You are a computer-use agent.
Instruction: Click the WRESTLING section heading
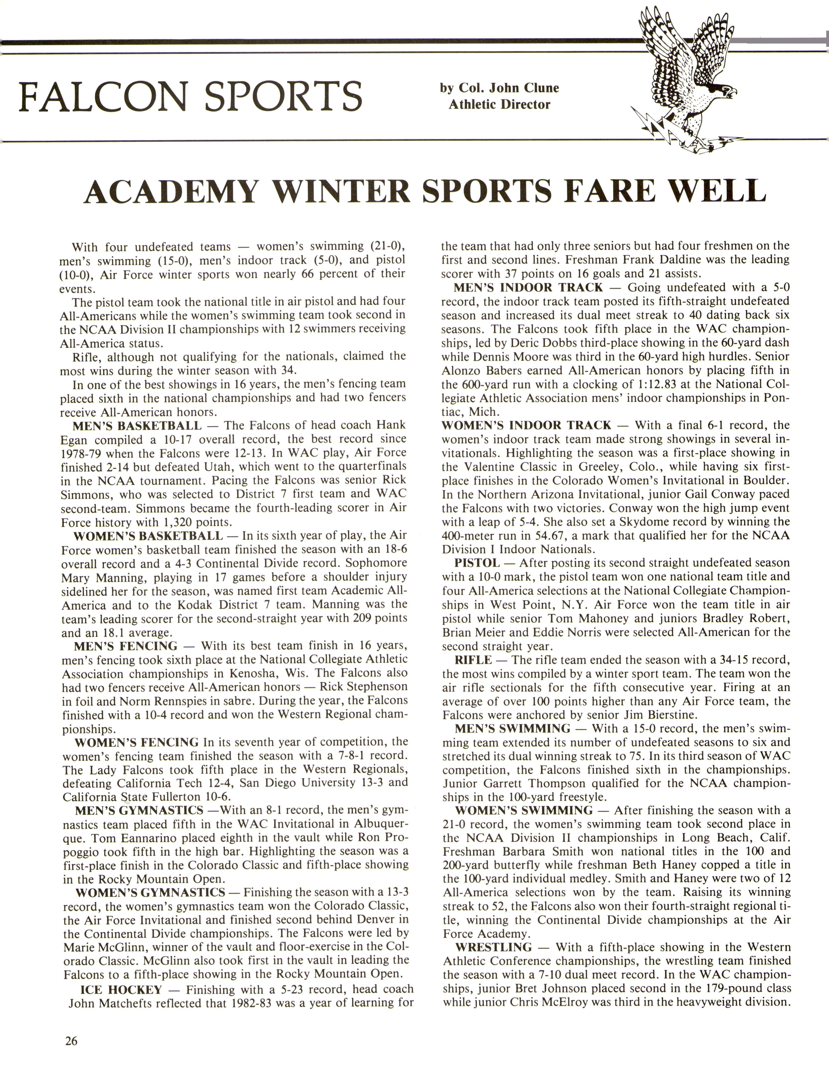[x=493, y=947]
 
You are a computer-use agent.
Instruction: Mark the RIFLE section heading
[x=473, y=659]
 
